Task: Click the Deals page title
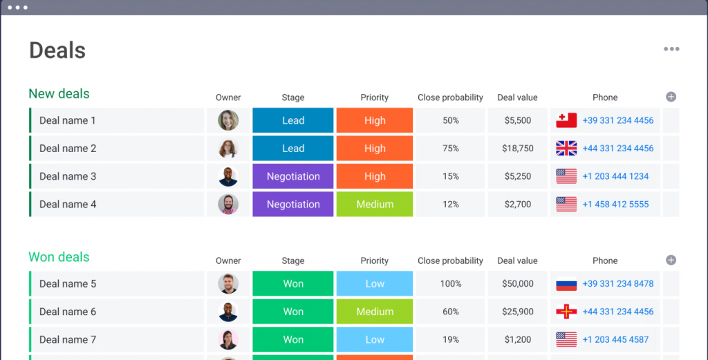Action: [x=57, y=50]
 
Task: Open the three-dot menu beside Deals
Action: [x=671, y=49]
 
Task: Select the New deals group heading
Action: [x=59, y=94]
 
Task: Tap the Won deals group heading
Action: [x=59, y=257]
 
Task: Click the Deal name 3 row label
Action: [x=68, y=176]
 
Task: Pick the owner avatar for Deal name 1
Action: [x=228, y=120]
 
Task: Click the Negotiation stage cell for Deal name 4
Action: [x=293, y=205]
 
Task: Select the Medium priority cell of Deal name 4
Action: [x=375, y=205]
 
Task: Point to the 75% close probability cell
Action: [x=451, y=149]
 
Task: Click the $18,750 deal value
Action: [x=518, y=149]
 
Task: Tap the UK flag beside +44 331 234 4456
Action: [x=566, y=148]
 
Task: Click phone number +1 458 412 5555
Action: [x=615, y=205]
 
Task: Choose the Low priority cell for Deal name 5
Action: [x=375, y=284]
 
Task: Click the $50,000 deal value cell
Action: [x=518, y=284]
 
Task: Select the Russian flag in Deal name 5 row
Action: [x=566, y=284]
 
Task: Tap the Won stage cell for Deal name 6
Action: [x=293, y=312]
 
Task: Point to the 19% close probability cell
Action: [x=451, y=339]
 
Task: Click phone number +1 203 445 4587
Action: [x=615, y=339]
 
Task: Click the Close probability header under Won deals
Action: [x=450, y=260]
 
